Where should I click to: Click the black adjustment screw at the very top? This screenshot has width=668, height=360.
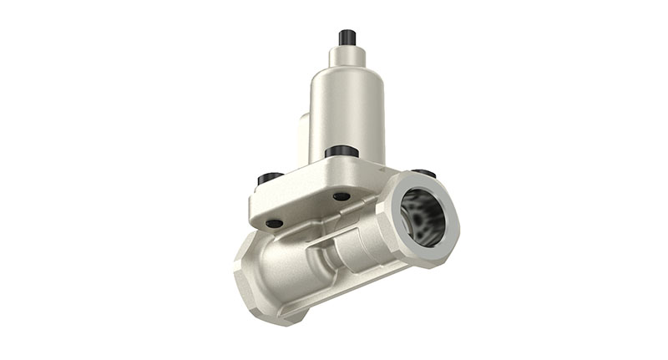347,38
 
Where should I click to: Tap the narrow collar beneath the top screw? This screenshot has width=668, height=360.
347,56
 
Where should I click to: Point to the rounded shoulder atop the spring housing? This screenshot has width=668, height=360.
347,74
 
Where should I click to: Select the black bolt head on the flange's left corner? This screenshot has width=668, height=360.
269,178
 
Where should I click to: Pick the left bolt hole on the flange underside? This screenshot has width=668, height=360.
274,223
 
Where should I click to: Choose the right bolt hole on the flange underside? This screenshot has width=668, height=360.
342,197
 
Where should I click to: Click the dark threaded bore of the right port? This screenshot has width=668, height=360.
423,215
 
